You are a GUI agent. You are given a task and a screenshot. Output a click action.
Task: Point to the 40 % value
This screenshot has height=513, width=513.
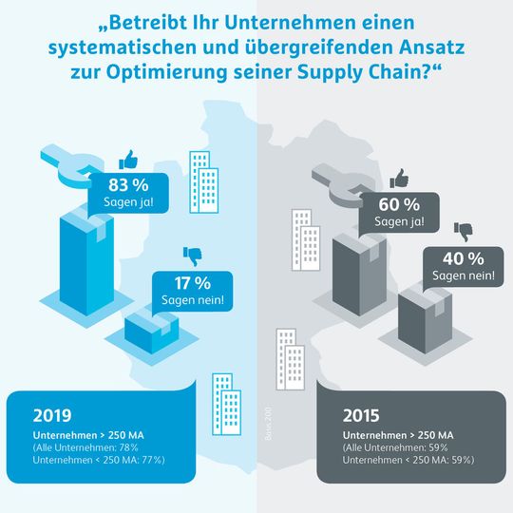(462, 258)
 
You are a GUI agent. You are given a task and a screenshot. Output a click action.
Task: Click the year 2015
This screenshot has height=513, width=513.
(361, 415)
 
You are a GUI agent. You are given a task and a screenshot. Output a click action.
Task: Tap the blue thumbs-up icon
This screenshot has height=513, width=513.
(127, 159)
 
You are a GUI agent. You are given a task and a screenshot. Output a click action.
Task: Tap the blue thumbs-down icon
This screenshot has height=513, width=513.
(191, 256)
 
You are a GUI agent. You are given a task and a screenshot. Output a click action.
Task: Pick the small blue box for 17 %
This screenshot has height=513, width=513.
(152, 329)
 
